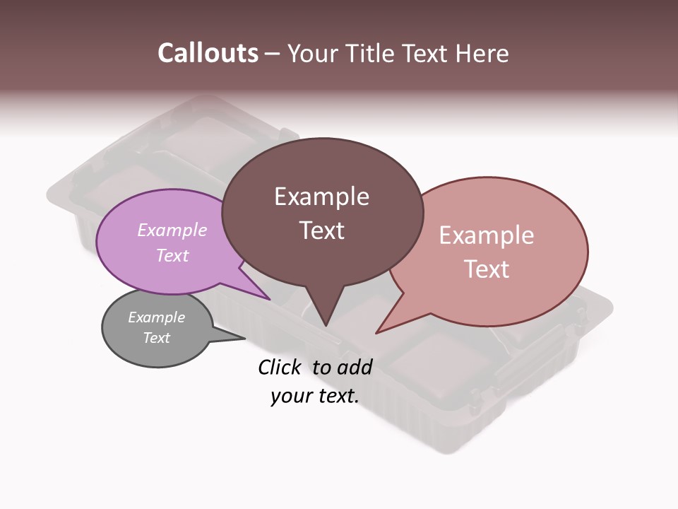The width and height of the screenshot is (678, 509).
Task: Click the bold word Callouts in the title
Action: [208, 53]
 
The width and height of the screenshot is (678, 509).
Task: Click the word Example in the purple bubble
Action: [172, 230]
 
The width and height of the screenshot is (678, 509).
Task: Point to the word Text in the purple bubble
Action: [172, 255]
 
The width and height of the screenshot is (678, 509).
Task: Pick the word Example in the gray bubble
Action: [156, 317]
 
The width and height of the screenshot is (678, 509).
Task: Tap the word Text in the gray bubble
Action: [156, 338]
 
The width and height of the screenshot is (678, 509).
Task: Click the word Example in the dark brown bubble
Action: [321, 197]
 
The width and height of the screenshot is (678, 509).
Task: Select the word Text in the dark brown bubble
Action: [321, 230]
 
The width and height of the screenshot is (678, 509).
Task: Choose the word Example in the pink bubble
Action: [487, 235]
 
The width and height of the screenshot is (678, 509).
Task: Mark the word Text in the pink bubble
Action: [487, 269]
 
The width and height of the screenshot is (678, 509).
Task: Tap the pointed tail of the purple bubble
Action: [266, 297]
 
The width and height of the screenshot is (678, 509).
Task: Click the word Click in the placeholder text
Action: [280, 367]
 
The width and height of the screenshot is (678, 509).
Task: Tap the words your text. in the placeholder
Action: [315, 396]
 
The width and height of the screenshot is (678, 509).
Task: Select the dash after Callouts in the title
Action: [273, 54]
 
